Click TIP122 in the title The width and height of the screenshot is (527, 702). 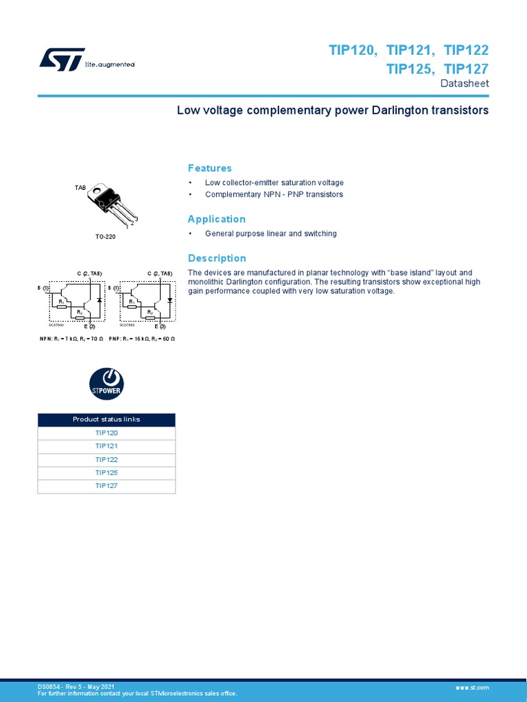click(x=466, y=51)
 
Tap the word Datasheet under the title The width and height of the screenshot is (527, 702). click(x=465, y=84)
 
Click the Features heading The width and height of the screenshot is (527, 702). click(x=209, y=168)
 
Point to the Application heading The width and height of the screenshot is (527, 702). click(x=216, y=219)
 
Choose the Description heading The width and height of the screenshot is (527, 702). click(x=217, y=258)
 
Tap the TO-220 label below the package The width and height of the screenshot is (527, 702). click(x=106, y=237)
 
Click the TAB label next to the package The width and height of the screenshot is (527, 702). click(x=80, y=187)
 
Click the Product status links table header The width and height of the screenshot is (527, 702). click(x=106, y=420)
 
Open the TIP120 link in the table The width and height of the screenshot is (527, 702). click(x=106, y=433)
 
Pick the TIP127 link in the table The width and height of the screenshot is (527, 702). click(x=106, y=486)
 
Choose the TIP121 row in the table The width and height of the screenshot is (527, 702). click(x=106, y=446)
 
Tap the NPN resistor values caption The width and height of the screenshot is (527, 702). click(x=71, y=339)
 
